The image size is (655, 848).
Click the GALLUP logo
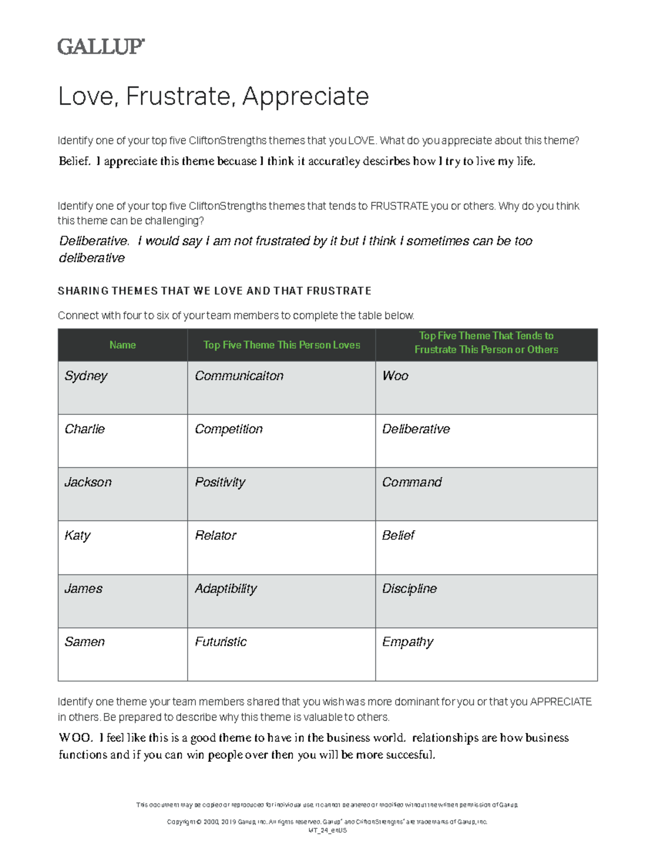pyautogui.click(x=101, y=46)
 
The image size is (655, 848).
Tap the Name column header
pyautogui.click(x=122, y=345)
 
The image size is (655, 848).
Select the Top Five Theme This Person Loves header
pyautogui.click(x=282, y=345)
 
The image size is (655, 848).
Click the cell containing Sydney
pyautogui.click(x=86, y=376)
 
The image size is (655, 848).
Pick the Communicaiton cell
pyautogui.click(x=239, y=376)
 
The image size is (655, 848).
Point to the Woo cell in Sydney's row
pyautogui.click(x=395, y=376)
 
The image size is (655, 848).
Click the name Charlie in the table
pyautogui.click(x=85, y=429)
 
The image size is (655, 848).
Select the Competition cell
pyautogui.click(x=229, y=429)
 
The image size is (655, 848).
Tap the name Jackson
pyautogui.click(x=88, y=482)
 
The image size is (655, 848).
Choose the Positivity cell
pyautogui.click(x=220, y=482)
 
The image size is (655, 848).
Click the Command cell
pyautogui.click(x=412, y=482)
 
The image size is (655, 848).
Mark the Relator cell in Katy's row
pyautogui.click(x=216, y=536)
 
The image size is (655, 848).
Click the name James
pyautogui.click(x=84, y=589)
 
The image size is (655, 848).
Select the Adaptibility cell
pyautogui.click(x=225, y=589)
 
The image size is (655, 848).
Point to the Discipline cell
pyautogui.click(x=409, y=589)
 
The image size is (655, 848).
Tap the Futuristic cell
pyautogui.click(x=221, y=642)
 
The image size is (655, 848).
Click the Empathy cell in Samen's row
pyautogui.click(x=408, y=642)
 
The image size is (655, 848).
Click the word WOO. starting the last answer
pyautogui.click(x=75, y=738)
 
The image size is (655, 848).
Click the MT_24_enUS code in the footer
pyautogui.click(x=327, y=831)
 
